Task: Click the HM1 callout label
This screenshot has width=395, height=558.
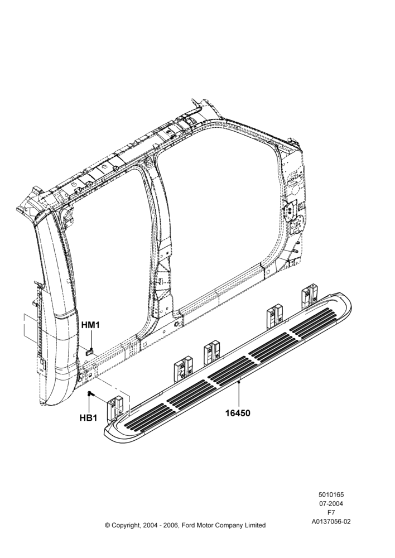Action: (x=91, y=325)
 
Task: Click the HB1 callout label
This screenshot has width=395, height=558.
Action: (x=88, y=418)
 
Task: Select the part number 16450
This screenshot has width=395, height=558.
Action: (x=238, y=413)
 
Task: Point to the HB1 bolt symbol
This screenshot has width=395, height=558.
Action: (x=90, y=395)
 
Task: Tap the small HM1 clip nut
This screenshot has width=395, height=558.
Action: (x=90, y=352)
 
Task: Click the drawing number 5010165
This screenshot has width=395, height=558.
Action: (x=331, y=494)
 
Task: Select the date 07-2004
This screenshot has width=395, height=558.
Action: (x=331, y=503)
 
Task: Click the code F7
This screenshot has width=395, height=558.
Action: (x=331, y=513)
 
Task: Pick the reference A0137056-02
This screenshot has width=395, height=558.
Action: (x=331, y=522)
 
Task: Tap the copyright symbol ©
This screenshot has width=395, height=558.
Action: (x=107, y=525)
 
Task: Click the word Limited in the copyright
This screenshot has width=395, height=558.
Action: (x=254, y=525)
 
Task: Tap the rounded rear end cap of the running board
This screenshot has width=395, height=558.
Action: (x=344, y=302)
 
